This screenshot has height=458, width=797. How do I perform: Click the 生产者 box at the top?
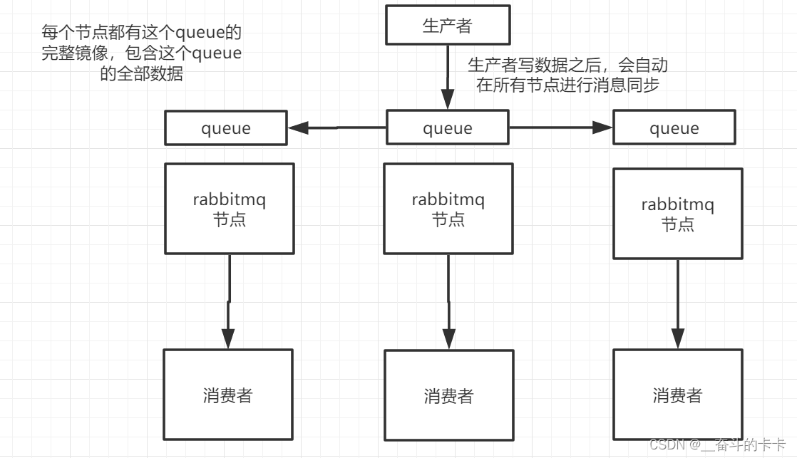click(x=448, y=26)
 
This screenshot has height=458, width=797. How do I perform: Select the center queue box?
click(x=448, y=128)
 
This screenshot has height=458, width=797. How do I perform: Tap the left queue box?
click(x=226, y=128)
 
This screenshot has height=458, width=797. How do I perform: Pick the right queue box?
click(x=674, y=128)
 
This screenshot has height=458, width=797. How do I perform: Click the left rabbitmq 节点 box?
click(x=229, y=209)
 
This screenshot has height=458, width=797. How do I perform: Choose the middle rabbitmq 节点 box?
click(x=448, y=209)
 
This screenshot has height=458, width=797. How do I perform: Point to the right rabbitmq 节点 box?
click(x=677, y=214)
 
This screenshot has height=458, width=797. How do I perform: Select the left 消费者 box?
click(x=228, y=394)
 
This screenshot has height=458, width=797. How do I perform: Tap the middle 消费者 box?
click(x=448, y=395)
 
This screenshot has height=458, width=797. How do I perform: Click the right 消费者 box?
click(x=677, y=395)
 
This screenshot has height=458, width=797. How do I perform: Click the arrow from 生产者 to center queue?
click(x=448, y=77)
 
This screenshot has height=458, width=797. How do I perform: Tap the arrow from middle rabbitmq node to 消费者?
click(x=448, y=302)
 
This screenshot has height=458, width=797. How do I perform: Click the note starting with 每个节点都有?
click(x=141, y=53)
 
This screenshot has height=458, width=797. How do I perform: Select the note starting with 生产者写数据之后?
click(x=567, y=76)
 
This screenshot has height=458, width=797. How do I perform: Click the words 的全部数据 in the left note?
click(x=141, y=74)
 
